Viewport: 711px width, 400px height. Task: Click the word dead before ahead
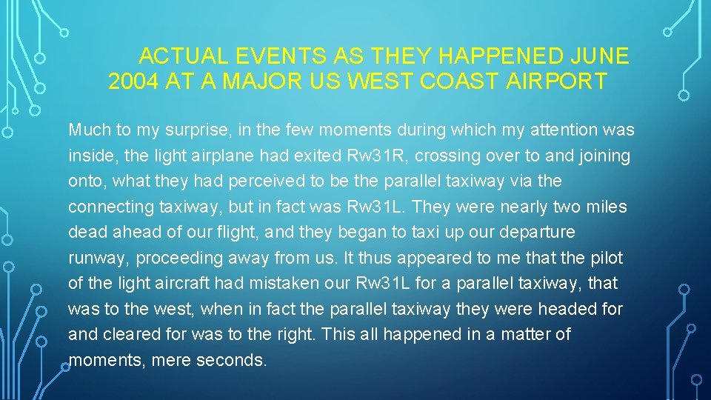(x=87, y=233)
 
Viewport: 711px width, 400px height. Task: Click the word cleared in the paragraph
(x=129, y=334)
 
